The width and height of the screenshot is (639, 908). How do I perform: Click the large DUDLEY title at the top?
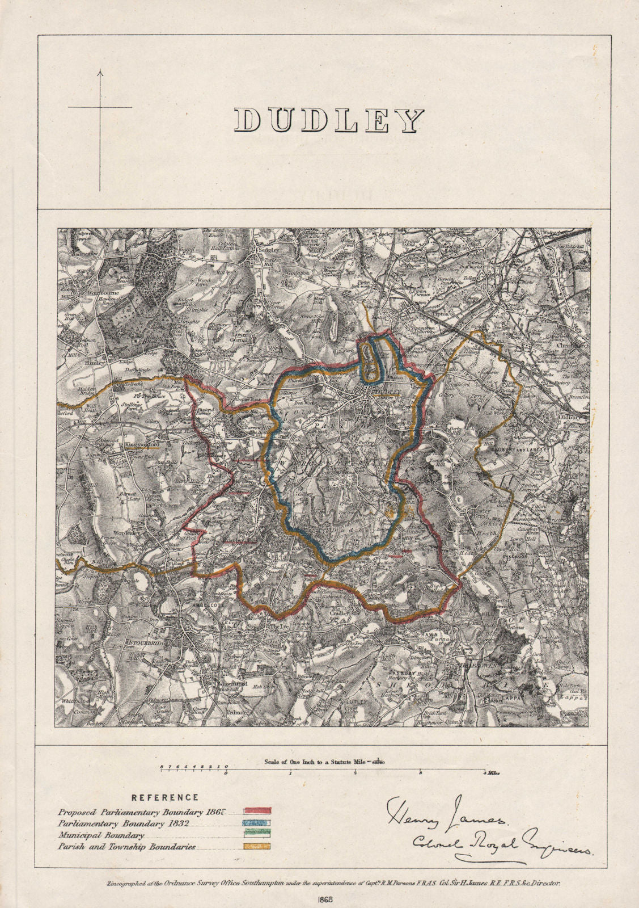[328, 120]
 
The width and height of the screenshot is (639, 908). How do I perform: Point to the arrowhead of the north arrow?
[100, 72]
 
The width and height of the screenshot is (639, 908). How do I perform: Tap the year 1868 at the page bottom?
[321, 898]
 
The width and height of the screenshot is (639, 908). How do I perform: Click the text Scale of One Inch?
[295, 762]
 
